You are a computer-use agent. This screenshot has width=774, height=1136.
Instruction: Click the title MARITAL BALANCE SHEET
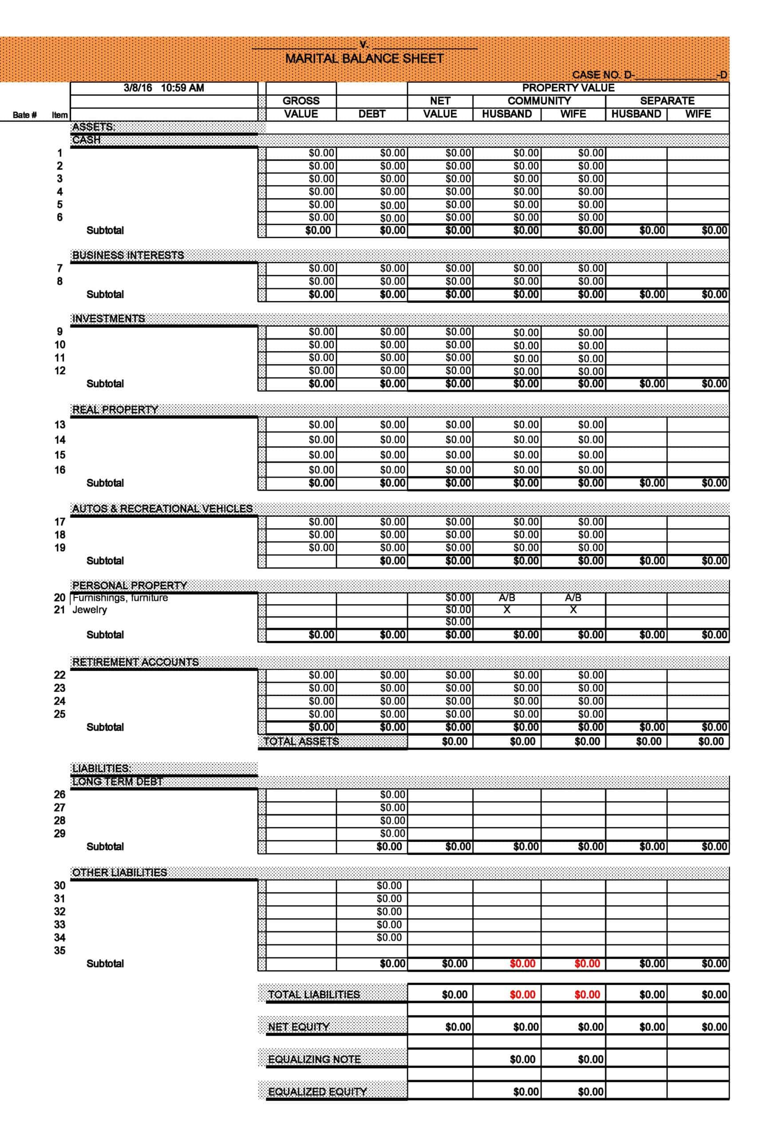[x=364, y=59]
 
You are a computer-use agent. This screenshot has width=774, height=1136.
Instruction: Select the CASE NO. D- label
[x=602, y=75]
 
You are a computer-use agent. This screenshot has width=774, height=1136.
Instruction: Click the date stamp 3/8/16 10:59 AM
[x=163, y=88]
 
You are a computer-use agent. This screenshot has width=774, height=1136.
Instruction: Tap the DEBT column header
[x=371, y=114]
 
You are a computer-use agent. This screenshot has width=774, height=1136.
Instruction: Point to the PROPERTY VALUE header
[x=568, y=88]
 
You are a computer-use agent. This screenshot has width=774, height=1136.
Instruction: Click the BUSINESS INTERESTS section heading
[x=128, y=255]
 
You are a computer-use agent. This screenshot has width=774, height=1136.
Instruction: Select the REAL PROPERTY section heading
[x=115, y=410]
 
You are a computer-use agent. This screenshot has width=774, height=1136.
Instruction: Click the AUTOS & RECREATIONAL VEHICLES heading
[x=162, y=509]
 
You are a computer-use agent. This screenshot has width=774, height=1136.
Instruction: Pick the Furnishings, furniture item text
[x=120, y=598]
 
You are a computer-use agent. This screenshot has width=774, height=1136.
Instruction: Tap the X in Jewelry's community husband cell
[x=506, y=610]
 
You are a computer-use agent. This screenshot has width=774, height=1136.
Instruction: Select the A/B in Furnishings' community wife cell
[x=573, y=598]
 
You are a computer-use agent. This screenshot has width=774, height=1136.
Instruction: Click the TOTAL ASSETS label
[x=301, y=742]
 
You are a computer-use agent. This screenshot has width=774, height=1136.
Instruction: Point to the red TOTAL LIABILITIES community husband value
[x=522, y=994]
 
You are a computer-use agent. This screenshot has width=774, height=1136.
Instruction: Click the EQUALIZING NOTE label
[x=314, y=1059]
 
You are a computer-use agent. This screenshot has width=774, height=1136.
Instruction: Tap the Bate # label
[x=24, y=115]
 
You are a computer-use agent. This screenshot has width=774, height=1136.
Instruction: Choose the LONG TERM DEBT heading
[x=117, y=781]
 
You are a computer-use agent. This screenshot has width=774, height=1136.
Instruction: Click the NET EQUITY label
[x=298, y=1027]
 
